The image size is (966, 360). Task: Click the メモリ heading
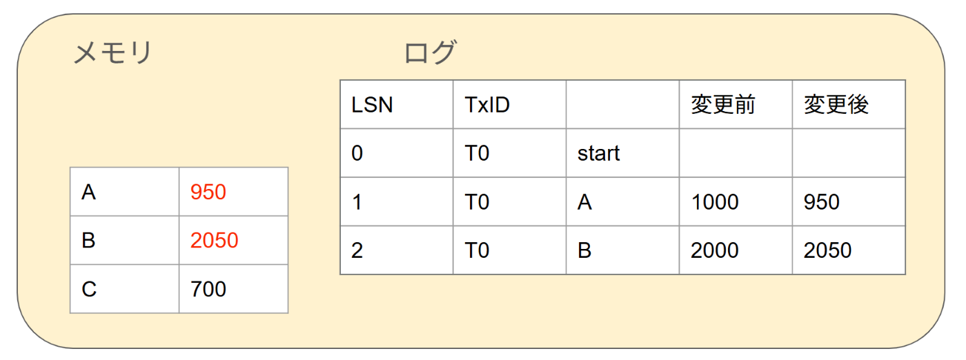[112, 53]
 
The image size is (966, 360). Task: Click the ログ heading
[430, 53]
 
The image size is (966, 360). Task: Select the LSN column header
[372, 105]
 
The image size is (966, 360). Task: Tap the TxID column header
[487, 105]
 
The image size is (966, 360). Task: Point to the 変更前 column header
[722, 105]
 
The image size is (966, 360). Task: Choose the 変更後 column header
[836, 105]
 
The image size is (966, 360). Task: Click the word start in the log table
[598, 153]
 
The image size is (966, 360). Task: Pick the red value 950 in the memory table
[208, 192]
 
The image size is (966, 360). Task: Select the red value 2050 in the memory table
[215, 241]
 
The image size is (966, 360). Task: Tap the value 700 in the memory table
[208, 289]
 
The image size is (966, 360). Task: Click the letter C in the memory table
[89, 289]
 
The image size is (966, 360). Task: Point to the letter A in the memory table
[88, 192]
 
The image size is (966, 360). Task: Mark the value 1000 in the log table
[714, 201]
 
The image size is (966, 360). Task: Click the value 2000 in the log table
[714, 250]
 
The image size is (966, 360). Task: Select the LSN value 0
[357, 153]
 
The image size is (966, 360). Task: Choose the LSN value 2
[357, 250]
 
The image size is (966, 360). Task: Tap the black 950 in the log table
[821, 201]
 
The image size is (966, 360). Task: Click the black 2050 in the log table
[827, 250]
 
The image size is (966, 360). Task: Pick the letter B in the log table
[584, 250]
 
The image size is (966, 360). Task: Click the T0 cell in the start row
[477, 153]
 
